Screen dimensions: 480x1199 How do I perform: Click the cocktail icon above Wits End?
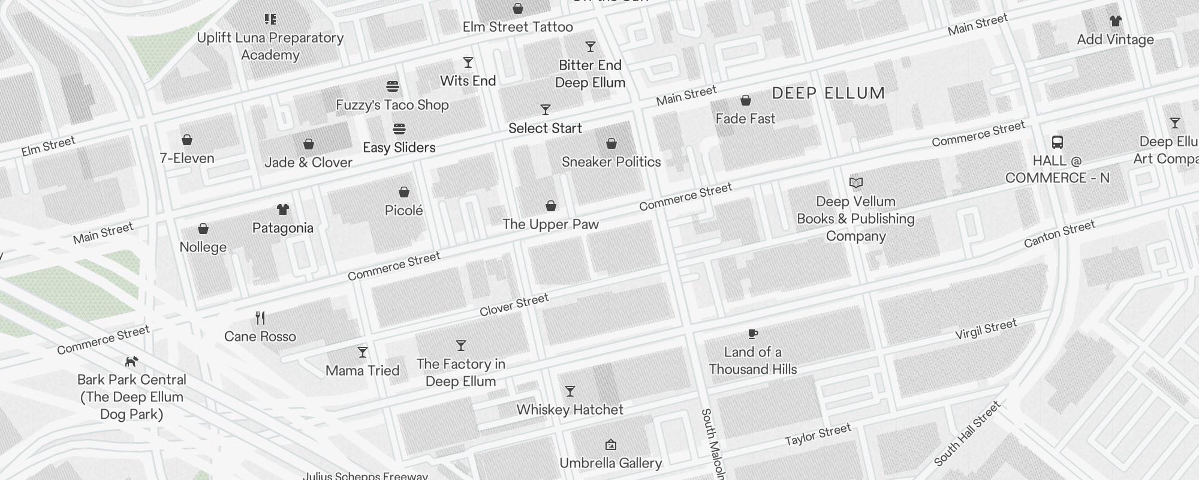[468, 62]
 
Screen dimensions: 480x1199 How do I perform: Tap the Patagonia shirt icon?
[283, 209]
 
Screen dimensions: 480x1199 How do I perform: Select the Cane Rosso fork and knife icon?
[260, 317]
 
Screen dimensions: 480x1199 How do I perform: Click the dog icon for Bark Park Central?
[131, 361]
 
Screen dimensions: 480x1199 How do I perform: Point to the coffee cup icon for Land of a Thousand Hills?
[753, 334]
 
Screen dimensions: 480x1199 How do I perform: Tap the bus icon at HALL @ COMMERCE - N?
[1058, 142]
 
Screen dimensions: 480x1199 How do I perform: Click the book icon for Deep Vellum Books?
[856, 182]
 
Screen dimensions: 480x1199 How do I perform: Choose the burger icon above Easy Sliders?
[399, 129]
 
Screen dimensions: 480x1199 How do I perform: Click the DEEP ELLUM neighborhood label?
[829, 93]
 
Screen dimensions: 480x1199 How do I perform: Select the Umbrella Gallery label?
[610, 463]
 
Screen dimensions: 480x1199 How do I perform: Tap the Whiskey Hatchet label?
[570, 410]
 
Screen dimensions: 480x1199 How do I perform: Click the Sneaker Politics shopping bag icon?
[611, 143]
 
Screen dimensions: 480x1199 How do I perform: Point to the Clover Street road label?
[514, 305]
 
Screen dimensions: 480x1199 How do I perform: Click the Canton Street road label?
[1059, 233]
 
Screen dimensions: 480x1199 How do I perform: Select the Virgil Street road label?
[986, 329]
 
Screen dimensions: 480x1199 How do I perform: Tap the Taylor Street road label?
[818, 434]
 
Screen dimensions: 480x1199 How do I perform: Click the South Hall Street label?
[967, 434]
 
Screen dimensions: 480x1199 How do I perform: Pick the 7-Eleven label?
[187, 158]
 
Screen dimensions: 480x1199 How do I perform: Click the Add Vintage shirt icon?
[1115, 21]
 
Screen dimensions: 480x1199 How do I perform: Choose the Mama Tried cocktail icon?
[363, 352]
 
